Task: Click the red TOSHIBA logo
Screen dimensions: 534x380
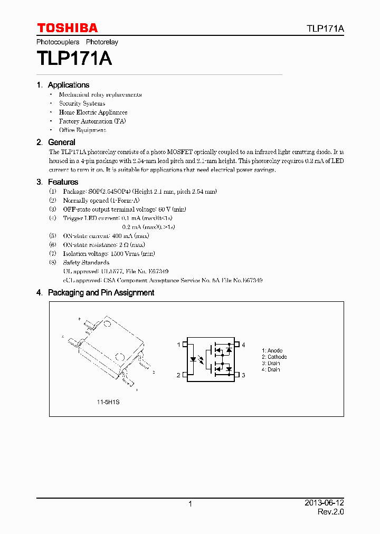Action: click(67, 28)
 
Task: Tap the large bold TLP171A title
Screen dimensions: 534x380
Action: click(74, 58)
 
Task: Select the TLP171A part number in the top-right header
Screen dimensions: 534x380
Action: click(325, 28)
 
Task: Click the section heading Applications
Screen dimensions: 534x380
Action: click(68, 85)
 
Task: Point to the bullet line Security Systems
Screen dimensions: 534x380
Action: click(82, 103)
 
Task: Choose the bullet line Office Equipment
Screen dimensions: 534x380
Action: click(82, 130)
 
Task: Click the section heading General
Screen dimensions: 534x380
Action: click(61, 142)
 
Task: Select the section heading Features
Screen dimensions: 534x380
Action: click(63, 182)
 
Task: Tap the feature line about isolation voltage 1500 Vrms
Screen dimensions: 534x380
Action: click(109, 254)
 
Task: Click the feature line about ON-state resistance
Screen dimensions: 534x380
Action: click(104, 245)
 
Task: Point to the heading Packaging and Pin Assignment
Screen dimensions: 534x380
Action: click(101, 293)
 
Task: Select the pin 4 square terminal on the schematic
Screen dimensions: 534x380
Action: click(237, 345)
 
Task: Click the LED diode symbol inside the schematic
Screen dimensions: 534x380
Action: click(194, 360)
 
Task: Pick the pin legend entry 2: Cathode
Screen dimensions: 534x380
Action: click(274, 357)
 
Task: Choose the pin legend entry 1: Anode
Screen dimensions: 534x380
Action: click(272, 351)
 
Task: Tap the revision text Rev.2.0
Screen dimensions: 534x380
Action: click(330, 512)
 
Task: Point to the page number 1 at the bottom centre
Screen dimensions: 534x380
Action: click(190, 504)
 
